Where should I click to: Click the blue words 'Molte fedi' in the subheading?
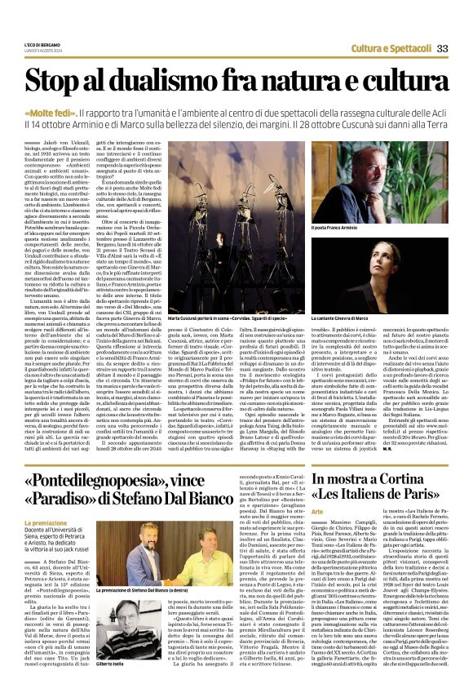[73, 113]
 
